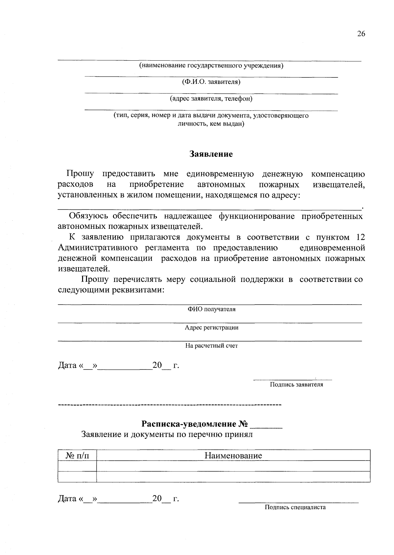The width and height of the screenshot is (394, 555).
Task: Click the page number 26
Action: pyautogui.click(x=361, y=34)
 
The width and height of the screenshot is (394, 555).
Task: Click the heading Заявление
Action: pyautogui.click(x=211, y=154)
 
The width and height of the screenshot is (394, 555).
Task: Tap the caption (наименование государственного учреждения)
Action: pyautogui.click(x=211, y=66)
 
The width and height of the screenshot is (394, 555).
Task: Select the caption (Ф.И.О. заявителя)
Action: pyautogui.click(x=211, y=82)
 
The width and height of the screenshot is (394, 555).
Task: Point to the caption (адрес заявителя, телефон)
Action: pyautogui.click(x=211, y=99)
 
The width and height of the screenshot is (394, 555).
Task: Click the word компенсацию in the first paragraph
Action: pyautogui.click(x=338, y=174)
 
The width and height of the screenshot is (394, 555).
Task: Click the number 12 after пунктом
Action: pyautogui.click(x=360, y=237)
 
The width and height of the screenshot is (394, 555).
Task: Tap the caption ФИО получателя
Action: pyautogui.click(x=211, y=309)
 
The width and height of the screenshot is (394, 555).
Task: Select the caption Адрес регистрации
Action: pyautogui.click(x=211, y=327)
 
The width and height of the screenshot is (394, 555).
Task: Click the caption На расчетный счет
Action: pyautogui.click(x=211, y=346)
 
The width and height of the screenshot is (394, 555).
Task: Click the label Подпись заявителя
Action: pyautogui.click(x=296, y=385)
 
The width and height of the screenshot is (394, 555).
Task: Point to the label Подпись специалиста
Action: pyautogui.click(x=295, y=507)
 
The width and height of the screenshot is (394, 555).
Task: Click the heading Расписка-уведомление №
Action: pyautogui.click(x=194, y=424)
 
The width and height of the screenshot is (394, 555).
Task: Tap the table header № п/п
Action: pyautogui.click(x=77, y=455)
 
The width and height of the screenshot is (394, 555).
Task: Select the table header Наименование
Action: pyautogui.click(x=233, y=455)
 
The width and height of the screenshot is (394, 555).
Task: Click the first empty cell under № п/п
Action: pyautogui.click(x=77, y=466)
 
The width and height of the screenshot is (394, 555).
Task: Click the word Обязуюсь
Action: pyautogui.click(x=89, y=216)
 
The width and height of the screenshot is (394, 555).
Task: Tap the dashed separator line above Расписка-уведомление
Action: pyautogui.click(x=169, y=406)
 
